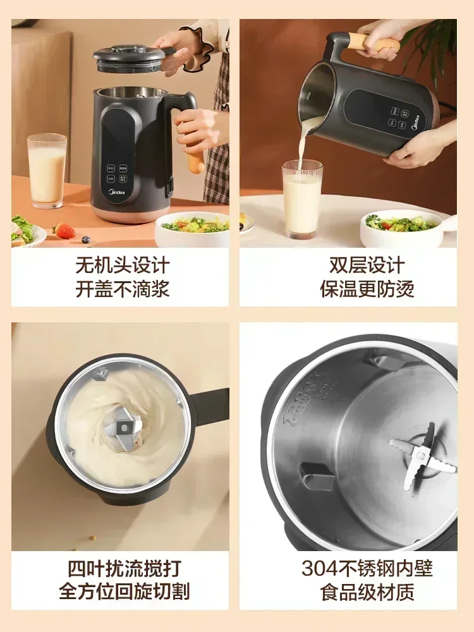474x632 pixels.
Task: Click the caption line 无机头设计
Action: point(123,265)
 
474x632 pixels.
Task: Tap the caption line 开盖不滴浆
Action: point(123,289)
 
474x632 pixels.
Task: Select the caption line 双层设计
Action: point(367,265)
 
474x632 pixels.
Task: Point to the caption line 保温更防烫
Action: point(367,289)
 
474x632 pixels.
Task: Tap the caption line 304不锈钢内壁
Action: point(367,568)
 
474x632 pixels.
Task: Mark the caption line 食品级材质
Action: point(367,592)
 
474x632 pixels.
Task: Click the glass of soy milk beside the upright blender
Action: point(47,171)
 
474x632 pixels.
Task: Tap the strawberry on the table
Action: point(64,231)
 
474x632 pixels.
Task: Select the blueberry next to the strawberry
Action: point(86,239)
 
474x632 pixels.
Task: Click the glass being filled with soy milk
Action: point(302,199)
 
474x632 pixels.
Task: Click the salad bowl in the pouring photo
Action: point(401,229)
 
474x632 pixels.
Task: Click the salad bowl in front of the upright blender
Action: point(193,229)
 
